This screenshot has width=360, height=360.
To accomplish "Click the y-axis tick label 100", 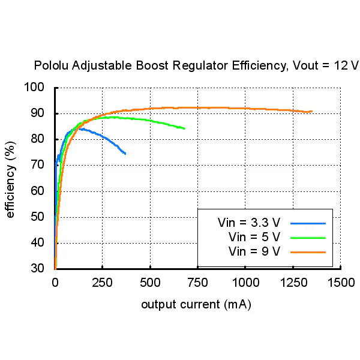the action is pyautogui.click(x=34, y=87).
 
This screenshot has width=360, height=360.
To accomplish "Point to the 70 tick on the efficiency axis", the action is pyautogui.click(x=37, y=164).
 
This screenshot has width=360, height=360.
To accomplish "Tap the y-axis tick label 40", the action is pyautogui.click(x=37, y=242).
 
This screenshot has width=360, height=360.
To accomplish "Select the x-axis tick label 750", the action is pyautogui.click(x=197, y=283).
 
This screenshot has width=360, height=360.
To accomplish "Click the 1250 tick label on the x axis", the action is pyautogui.click(x=293, y=283).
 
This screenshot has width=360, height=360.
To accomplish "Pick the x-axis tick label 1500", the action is pyautogui.click(x=341, y=283).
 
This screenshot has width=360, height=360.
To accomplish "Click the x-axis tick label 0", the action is pyautogui.click(x=55, y=283).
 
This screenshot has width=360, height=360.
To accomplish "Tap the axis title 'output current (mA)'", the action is pyautogui.click(x=196, y=305).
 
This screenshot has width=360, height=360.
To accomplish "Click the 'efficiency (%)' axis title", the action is pyautogui.click(x=10, y=179).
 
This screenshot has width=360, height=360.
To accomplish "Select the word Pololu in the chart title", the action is pyautogui.click(x=51, y=65).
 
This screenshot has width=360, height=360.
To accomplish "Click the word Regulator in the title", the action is pyautogui.click(x=200, y=66).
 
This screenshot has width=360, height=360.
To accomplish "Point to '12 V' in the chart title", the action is pyautogui.click(x=346, y=65).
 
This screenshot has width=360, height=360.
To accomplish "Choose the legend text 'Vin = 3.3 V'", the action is pyautogui.click(x=249, y=223).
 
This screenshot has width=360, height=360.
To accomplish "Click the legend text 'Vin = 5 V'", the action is pyautogui.click(x=254, y=237).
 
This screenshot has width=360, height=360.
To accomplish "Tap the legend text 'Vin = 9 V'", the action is pyautogui.click(x=254, y=251).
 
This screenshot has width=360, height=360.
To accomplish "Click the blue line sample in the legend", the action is pyautogui.click(x=308, y=223).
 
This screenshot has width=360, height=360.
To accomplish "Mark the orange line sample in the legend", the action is pyautogui.click(x=308, y=253).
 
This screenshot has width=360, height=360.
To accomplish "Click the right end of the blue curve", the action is pyautogui.click(x=125, y=154).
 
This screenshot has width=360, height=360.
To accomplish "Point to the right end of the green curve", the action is pyautogui.click(x=185, y=128).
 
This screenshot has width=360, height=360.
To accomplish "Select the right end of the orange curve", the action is pyautogui.click(x=312, y=112).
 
